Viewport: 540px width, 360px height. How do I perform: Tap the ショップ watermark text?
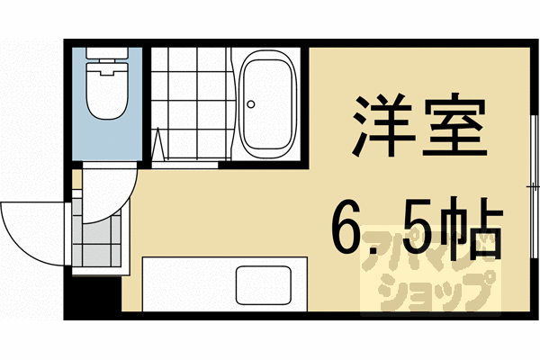pos(427,292)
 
